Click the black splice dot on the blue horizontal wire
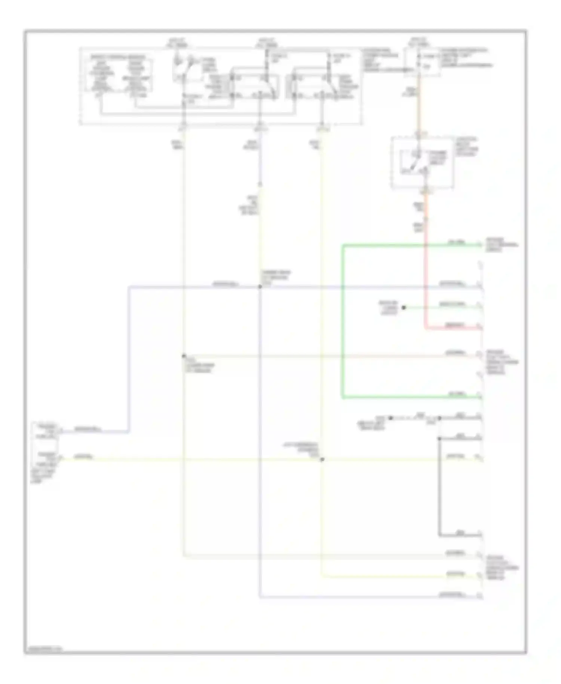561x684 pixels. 260,287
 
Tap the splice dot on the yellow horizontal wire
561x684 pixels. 322,459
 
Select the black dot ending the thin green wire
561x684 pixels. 404,308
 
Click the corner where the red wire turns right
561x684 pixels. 425,329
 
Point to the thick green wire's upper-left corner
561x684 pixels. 342,245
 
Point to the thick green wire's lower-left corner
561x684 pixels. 342,398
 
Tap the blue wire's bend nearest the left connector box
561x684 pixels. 129,432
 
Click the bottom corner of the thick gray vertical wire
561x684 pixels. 439,535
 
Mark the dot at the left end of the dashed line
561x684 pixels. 390,418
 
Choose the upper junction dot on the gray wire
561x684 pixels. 439,418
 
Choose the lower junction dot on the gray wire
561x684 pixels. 439,438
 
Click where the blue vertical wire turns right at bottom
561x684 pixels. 260,598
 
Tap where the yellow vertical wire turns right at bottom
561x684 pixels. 322,577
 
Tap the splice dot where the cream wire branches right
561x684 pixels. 184,356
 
